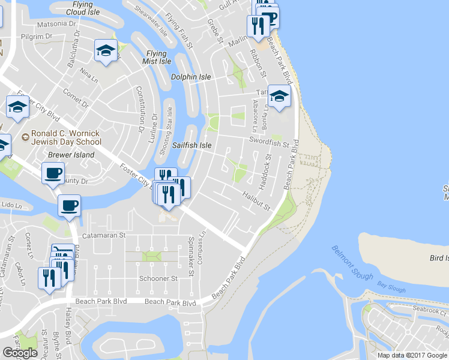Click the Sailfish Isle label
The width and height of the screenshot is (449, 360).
click(192, 146)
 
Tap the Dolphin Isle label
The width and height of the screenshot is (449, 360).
click(191, 77)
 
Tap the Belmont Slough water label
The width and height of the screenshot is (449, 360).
click(352, 263)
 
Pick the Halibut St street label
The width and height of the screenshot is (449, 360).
click(257, 200)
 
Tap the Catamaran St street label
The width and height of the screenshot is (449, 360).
click(103, 236)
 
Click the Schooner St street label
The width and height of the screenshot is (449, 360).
click(158, 279)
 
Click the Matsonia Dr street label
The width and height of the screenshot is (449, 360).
click(56, 25)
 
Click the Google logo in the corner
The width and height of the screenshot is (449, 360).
click(20, 353)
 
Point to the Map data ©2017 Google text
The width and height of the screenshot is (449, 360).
click(412, 355)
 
